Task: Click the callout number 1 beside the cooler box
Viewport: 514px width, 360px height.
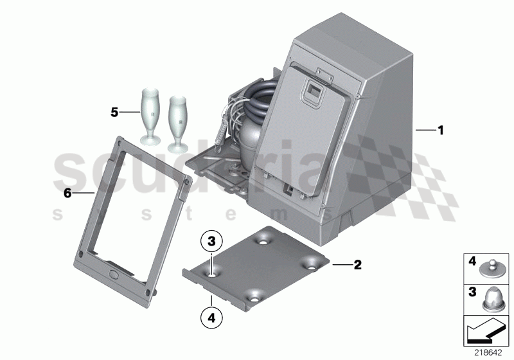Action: (440, 130)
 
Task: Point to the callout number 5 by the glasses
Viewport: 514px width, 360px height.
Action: (114, 112)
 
